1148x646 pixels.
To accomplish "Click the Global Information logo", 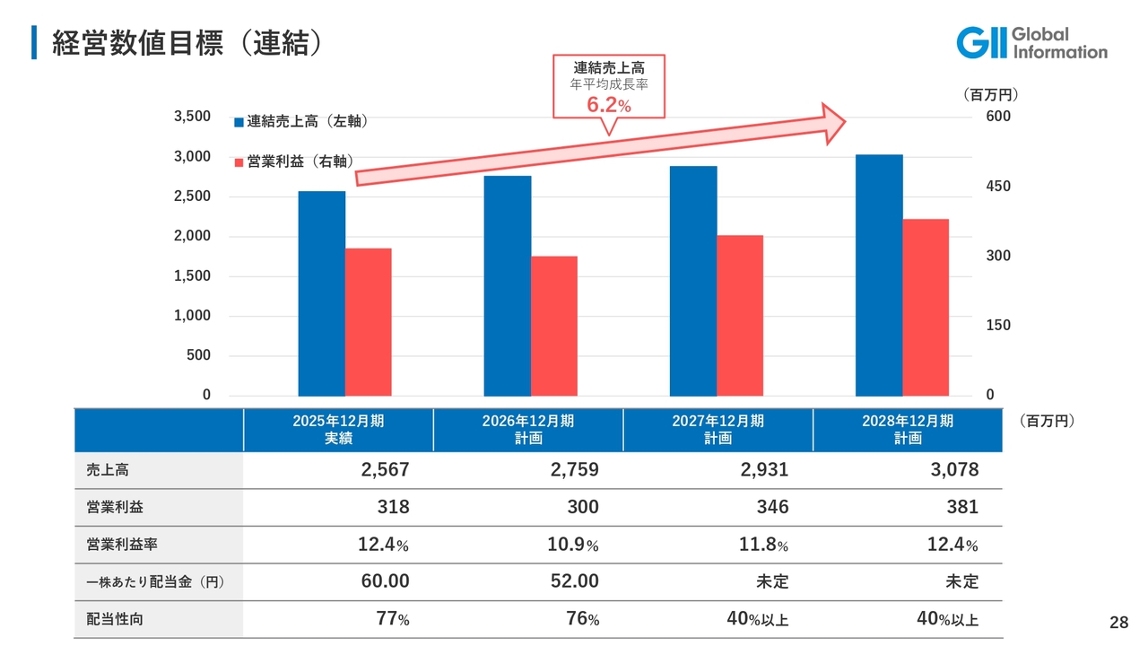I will coord(1031,43).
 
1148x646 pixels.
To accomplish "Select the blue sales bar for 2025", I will coord(322,293).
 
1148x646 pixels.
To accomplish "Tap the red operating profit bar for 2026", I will coord(554,326).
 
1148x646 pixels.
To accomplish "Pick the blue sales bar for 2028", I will coord(879,275).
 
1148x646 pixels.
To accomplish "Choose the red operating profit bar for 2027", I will coord(740,315).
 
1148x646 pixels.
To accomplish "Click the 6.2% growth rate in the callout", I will coord(609,106).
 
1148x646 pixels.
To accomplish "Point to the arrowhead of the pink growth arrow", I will coord(836,122).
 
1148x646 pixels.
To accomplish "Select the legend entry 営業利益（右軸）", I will coord(293,161).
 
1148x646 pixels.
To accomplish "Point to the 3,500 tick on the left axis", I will coord(191,117).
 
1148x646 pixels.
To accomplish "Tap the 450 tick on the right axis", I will coord(998,187).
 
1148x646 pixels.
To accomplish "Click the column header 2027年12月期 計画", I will coord(717,430).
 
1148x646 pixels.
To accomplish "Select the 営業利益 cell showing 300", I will coord(583,507).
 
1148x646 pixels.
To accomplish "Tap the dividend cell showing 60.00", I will coord(385,581).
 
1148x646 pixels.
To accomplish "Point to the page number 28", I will coord(1118,623).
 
